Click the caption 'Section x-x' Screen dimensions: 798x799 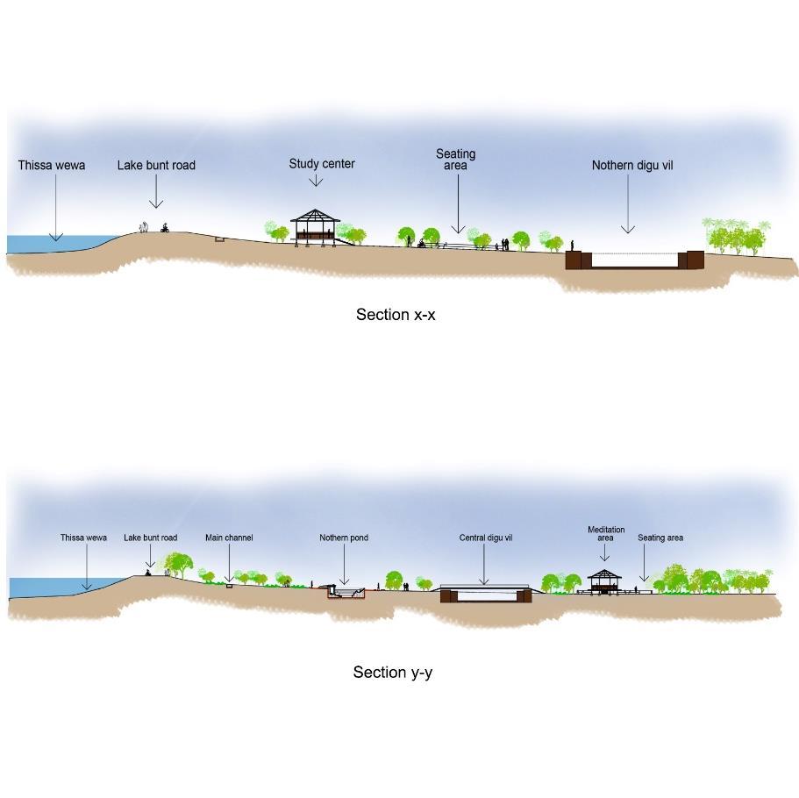(x=396, y=314)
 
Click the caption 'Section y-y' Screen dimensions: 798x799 (x=393, y=673)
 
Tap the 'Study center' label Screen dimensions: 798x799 (x=322, y=164)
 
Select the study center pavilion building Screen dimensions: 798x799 (x=315, y=225)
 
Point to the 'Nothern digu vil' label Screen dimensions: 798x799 (x=632, y=165)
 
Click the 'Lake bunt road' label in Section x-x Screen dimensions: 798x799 (x=156, y=165)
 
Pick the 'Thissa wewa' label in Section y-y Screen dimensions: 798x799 (x=83, y=538)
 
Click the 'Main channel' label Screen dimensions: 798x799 (x=229, y=538)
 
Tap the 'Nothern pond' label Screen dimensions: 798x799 (x=344, y=538)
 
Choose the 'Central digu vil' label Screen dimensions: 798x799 (x=485, y=538)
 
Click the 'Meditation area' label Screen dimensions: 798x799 (x=606, y=533)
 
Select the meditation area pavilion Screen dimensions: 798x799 (x=604, y=581)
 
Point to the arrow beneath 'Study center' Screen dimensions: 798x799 (x=316, y=180)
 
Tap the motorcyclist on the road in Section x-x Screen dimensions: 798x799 (x=164, y=228)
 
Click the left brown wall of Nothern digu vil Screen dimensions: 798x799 (x=574, y=260)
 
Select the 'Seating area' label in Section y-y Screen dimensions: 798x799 (x=660, y=538)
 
